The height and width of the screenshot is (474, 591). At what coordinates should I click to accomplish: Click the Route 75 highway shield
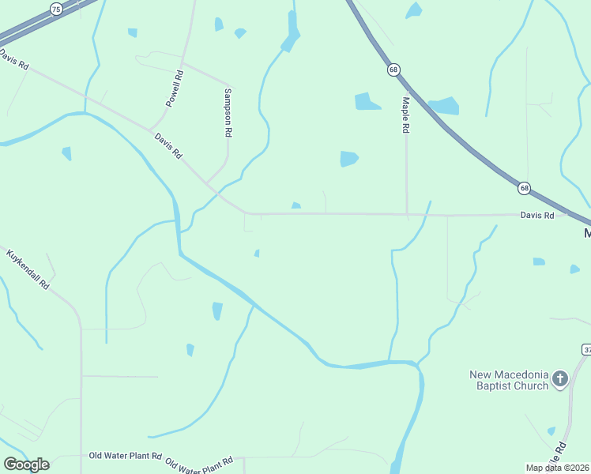tap(55, 9)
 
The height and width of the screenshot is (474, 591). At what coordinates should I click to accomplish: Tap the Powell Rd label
tap(175, 88)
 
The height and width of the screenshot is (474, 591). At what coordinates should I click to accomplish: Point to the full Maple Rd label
tap(405, 115)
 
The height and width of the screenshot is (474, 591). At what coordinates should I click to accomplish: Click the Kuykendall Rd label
tap(28, 269)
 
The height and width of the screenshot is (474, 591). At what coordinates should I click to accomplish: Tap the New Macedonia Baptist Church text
tap(509, 380)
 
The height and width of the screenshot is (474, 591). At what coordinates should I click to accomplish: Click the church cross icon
tap(560, 380)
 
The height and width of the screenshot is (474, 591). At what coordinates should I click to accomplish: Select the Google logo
tap(26, 465)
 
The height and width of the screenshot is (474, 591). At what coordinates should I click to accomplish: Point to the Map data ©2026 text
tap(558, 468)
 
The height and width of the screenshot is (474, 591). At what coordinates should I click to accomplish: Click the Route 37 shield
tap(586, 349)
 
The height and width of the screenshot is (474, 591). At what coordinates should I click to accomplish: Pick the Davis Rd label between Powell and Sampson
tap(168, 145)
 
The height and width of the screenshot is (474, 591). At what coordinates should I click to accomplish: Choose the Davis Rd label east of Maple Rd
tap(537, 215)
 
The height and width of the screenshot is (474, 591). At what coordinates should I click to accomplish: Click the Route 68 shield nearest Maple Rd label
tap(393, 70)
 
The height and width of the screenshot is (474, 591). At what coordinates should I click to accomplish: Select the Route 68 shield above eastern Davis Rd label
tap(524, 188)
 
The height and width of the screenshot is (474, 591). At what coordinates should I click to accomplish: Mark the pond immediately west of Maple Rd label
tap(367, 101)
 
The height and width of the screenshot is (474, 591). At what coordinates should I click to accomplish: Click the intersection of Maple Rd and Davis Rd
tap(407, 214)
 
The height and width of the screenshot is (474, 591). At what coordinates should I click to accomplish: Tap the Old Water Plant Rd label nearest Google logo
tap(125, 456)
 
